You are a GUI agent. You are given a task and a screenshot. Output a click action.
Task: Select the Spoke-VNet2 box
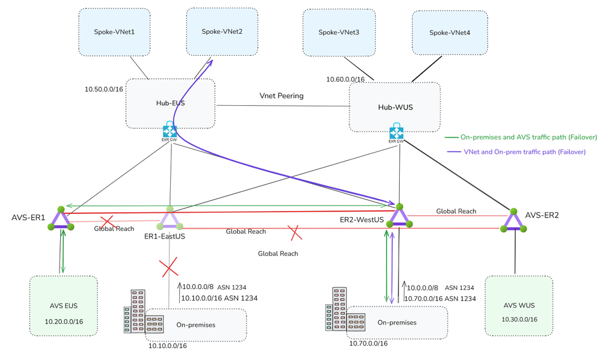(222, 31)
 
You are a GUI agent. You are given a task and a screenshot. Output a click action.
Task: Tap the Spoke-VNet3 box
(338, 32)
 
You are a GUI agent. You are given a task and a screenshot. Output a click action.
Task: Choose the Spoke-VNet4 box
(449, 32)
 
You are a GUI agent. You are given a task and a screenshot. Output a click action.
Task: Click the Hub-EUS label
(170, 103)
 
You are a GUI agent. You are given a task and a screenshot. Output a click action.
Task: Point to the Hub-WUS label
(395, 108)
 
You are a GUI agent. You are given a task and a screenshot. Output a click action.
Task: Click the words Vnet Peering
(281, 96)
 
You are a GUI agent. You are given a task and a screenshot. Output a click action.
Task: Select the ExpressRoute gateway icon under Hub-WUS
(396, 133)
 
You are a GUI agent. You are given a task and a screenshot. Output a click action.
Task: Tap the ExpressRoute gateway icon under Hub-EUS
(170, 131)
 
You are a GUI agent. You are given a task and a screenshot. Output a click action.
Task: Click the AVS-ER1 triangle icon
(61, 219)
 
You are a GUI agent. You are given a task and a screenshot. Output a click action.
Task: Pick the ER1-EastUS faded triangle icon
(170, 219)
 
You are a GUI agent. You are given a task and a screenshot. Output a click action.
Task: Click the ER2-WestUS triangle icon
(399, 216)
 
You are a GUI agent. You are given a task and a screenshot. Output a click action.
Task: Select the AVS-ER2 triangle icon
(513, 221)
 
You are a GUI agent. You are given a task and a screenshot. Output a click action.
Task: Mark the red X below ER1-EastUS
(169, 266)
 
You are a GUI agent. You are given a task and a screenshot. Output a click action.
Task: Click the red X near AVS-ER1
(107, 222)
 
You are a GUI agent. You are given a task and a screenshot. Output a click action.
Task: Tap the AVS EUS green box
(63, 305)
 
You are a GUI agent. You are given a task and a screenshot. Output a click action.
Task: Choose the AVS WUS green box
(518, 305)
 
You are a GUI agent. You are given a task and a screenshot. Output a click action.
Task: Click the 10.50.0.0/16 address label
(104, 89)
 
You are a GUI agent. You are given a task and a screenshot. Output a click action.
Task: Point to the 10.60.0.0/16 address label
(345, 79)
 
